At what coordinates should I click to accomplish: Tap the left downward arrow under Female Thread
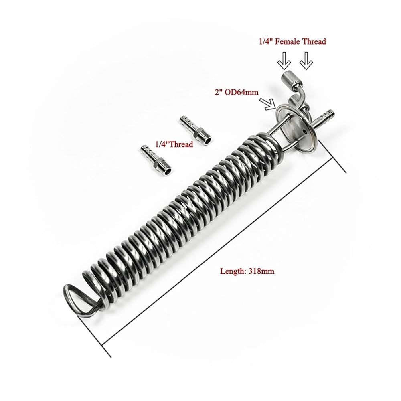pyautogui.click(x=284, y=61)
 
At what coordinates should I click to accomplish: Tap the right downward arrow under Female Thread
pyautogui.click(x=306, y=61)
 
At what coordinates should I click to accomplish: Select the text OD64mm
pyautogui.click(x=245, y=92)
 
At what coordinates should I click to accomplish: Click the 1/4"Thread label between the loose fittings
pyautogui.click(x=174, y=144)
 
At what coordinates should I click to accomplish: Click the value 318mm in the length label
pyautogui.click(x=261, y=271)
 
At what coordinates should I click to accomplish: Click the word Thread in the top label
pyautogui.click(x=314, y=41)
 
